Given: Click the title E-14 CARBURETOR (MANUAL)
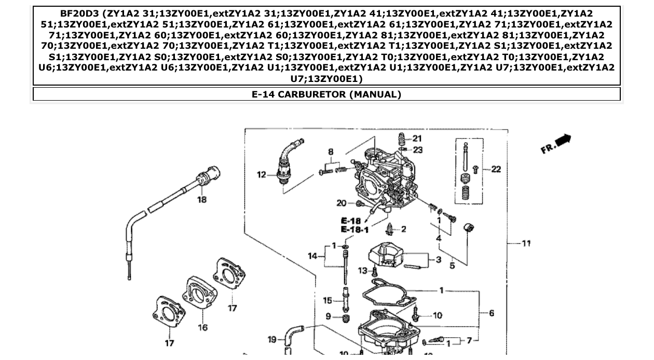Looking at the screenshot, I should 326,94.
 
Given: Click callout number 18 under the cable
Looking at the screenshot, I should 201,199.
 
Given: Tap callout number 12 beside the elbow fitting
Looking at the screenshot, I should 261,175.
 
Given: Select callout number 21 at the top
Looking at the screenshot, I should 417,139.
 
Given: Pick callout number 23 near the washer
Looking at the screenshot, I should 417,150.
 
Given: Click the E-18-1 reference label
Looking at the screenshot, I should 355,229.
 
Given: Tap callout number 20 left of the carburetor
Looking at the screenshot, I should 341,203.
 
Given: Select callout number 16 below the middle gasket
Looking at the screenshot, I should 202,327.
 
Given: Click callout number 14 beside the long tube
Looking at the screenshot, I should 312,255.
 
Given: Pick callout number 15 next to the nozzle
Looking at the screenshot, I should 327,300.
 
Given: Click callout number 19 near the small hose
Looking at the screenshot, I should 272,339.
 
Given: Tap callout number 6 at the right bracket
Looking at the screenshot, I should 491,313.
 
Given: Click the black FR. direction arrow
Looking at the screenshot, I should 563,140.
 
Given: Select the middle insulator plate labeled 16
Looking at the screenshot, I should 199,293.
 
